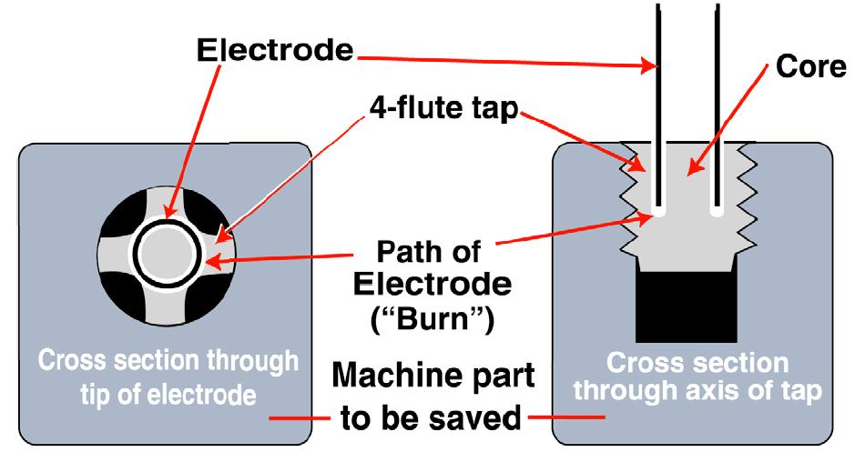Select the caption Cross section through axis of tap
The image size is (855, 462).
click(697, 377)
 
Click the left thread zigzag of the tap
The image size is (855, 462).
click(632, 196)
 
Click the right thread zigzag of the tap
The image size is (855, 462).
click(747, 196)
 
